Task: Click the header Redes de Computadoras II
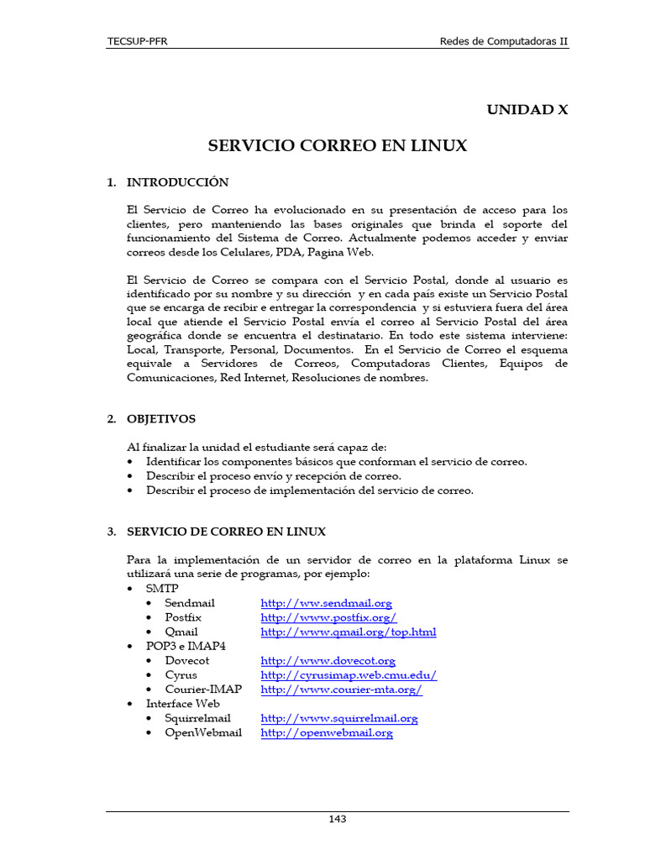click(x=505, y=42)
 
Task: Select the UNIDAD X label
click(x=527, y=110)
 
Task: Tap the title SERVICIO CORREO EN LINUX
click(x=337, y=146)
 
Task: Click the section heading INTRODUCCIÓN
click(x=177, y=182)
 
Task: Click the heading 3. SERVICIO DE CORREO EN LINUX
click(x=226, y=532)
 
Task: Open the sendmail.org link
click(x=326, y=603)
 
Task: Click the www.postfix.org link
click(x=328, y=617)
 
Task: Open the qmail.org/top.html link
click(x=348, y=632)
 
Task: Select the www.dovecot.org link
click(x=328, y=661)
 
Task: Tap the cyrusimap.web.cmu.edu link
click(x=349, y=675)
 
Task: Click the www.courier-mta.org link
click(x=341, y=690)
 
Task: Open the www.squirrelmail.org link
click(x=338, y=718)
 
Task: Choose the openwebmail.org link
click(x=327, y=732)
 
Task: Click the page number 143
click(x=337, y=820)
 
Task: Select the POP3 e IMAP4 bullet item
click(x=186, y=646)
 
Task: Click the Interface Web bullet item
click(x=182, y=704)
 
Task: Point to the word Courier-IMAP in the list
click(x=203, y=690)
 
